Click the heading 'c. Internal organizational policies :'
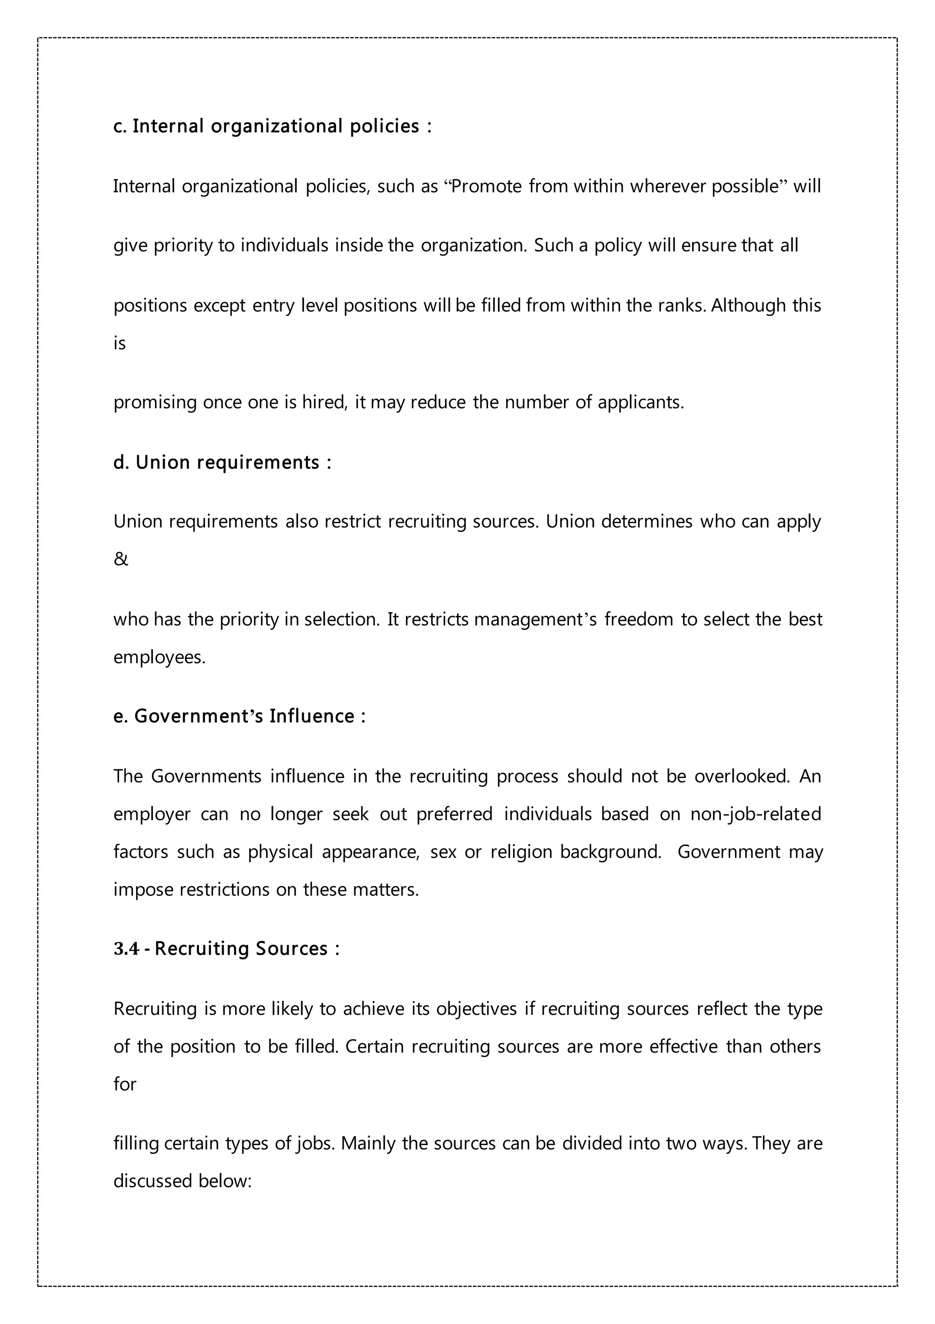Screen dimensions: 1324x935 click(272, 126)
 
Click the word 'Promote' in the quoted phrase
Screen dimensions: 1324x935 click(486, 186)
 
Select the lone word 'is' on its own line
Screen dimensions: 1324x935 click(120, 343)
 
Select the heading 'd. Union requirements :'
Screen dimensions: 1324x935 click(222, 462)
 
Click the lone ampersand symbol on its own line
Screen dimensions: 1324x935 click(121, 559)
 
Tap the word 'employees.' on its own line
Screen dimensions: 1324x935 click(159, 657)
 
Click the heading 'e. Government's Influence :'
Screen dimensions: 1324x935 click(239, 716)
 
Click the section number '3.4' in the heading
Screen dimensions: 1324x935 click(126, 949)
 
